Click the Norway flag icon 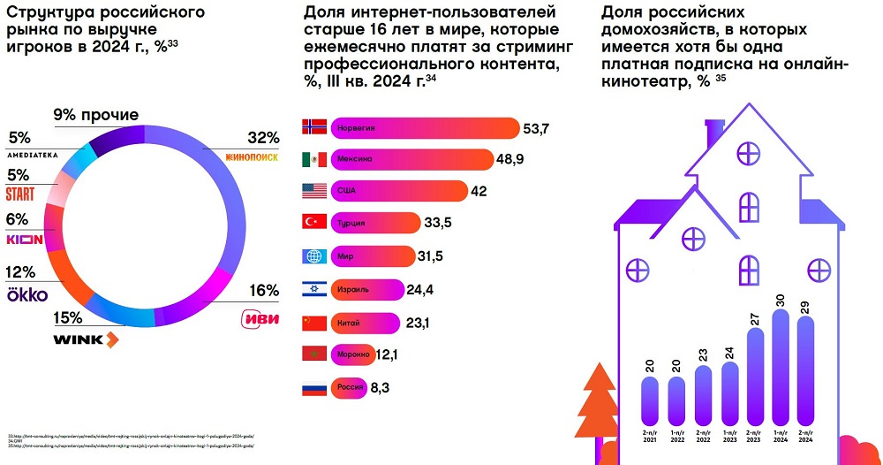[315, 128]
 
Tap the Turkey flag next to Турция [315, 224]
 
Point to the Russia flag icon [315, 386]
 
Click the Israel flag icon [315, 289]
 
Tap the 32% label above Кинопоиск [263, 138]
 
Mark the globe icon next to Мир [315, 256]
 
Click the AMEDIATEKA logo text [33, 155]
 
